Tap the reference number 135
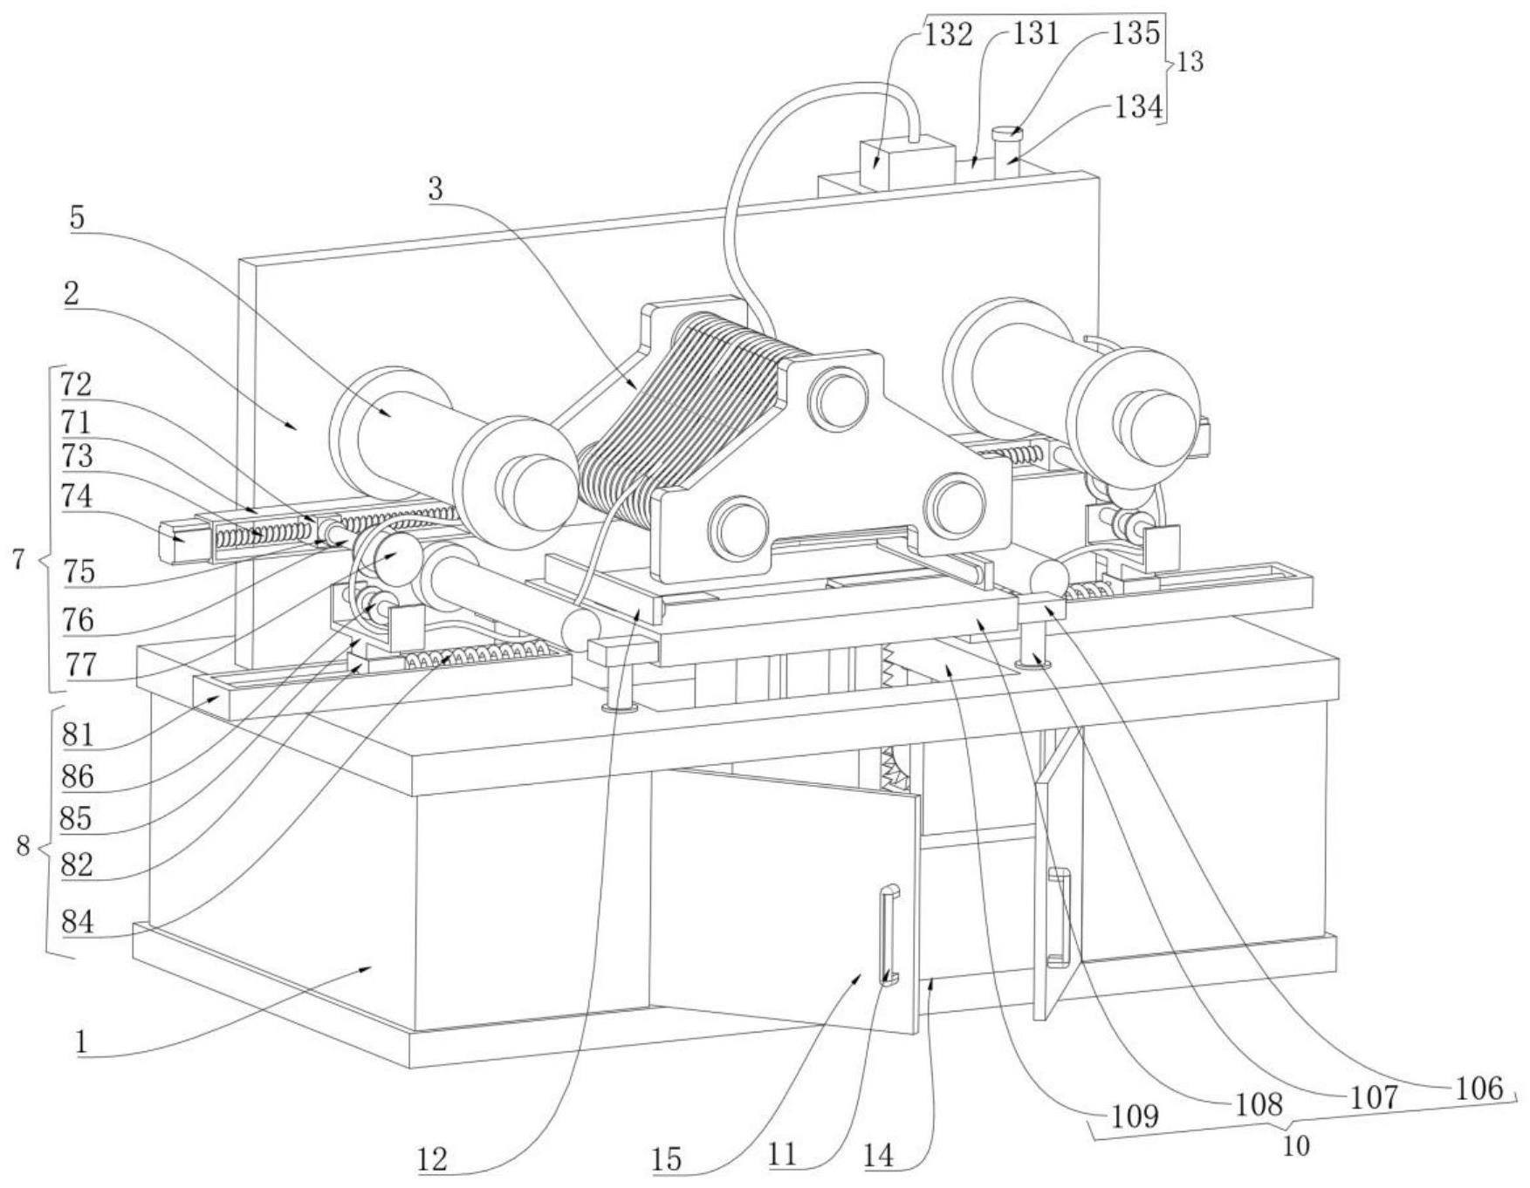tap(1135, 33)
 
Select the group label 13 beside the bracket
tap(1190, 63)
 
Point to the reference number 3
tap(436, 188)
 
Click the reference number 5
tap(78, 217)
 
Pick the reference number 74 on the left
tap(78, 497)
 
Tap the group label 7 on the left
tap(19, 560)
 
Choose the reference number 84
tap(78, 922)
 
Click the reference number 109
tap(1134, 1116)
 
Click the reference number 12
tap(432, 1159)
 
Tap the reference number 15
tap(666, 1159)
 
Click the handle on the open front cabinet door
tap(888, 934)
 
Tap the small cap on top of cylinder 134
tap(1007, 133)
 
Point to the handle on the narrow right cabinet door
tap(1059, 918)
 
